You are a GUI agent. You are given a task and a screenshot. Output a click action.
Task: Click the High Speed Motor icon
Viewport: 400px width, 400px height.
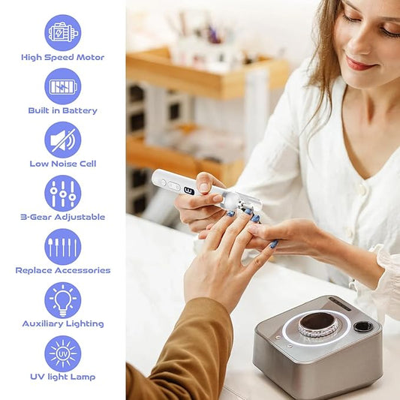[x=63, y=32]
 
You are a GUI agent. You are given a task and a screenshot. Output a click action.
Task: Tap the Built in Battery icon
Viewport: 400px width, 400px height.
[x=63, y=86]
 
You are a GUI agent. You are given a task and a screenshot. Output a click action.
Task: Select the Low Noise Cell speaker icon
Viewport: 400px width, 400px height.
[x=63, y=140]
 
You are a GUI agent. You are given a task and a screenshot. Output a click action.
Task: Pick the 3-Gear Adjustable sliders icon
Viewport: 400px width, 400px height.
[x=63, y=193]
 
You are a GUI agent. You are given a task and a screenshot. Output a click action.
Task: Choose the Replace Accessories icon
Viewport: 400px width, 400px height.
[x=63, y=246]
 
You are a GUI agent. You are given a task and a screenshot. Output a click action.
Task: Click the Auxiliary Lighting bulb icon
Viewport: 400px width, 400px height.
[x=63, y=299]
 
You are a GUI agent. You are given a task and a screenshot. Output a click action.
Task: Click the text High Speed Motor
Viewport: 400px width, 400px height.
[x=63, y=57]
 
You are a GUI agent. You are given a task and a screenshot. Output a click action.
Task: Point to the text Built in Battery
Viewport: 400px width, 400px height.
[x=63, y=110]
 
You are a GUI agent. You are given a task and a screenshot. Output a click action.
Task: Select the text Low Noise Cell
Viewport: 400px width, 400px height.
[x=63, y=164]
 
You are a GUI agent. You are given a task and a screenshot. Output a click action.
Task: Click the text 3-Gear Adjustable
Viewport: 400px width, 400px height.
[x=63, y=217]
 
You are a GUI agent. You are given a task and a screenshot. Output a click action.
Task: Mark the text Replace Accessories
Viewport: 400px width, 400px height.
[x=63, y=270]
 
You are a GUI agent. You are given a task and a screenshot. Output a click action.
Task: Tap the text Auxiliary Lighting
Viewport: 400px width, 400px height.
[x=63, y=323]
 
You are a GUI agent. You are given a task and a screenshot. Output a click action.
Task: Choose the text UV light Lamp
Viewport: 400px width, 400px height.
[x=63, y=377]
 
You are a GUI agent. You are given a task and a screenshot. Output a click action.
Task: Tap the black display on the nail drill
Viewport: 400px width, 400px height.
[x=189, y=191]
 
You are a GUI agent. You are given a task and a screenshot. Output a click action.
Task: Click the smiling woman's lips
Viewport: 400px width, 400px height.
[x=360, y=64]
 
